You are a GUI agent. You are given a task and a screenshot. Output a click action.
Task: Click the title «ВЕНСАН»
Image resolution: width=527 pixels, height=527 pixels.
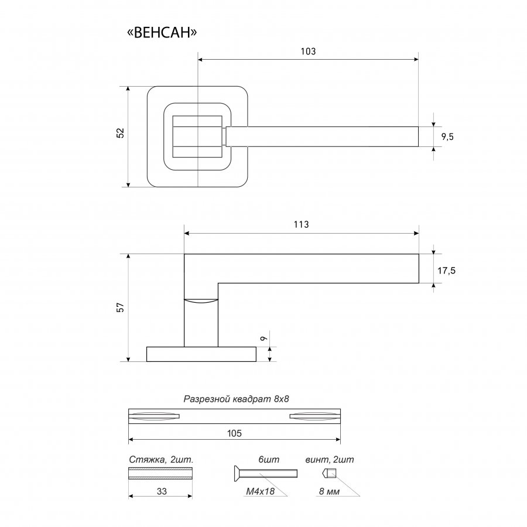tap(162, 33)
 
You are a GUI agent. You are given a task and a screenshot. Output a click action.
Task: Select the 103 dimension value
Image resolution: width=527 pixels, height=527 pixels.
tap(308, 52)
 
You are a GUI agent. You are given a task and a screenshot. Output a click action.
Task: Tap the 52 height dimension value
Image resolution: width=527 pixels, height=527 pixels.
tap(120, 133)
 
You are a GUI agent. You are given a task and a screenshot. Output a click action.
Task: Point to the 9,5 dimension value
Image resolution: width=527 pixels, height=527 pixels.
tap(447, 137)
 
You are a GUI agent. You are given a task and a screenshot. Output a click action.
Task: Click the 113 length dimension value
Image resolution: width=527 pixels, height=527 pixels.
tap(301, 224)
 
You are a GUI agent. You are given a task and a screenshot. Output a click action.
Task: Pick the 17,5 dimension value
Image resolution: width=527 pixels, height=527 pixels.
tap(446, 271)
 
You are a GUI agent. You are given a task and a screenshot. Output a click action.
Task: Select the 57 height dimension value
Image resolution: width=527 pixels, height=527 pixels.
tap(120, 307)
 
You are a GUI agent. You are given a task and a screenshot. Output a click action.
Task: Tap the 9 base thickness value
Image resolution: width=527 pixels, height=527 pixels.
tap(264, 338)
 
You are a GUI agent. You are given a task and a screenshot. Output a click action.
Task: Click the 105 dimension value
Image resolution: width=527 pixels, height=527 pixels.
tap(234, 433)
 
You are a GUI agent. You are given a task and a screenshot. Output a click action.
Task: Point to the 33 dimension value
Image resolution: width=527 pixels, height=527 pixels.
tap(162, 491)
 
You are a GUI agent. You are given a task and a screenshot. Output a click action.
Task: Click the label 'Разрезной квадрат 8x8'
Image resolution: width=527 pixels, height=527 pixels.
tap(237, 399)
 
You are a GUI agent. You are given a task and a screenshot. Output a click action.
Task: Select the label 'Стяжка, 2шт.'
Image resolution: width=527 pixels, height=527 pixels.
tap(162, 460)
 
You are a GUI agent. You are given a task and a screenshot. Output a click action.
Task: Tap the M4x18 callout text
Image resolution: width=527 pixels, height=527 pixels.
tap(261, 491)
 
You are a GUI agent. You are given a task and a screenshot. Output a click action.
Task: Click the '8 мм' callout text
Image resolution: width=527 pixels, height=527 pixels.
tap(329, 491)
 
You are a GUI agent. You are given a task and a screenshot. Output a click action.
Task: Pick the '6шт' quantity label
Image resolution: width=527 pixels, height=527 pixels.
tap(269, 460)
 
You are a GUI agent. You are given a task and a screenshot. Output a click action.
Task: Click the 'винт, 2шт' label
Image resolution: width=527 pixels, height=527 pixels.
tap(330, 460)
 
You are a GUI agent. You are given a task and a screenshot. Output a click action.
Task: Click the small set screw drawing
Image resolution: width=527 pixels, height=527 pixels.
tap(329, 473)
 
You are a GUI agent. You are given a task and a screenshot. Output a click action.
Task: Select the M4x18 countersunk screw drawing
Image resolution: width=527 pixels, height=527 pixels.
tap(265, 473)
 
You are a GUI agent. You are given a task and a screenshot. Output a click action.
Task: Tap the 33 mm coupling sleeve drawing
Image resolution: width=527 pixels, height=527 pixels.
tap(160, 473)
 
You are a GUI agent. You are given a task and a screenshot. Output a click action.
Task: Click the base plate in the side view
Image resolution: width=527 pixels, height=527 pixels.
tap(201, 354)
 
